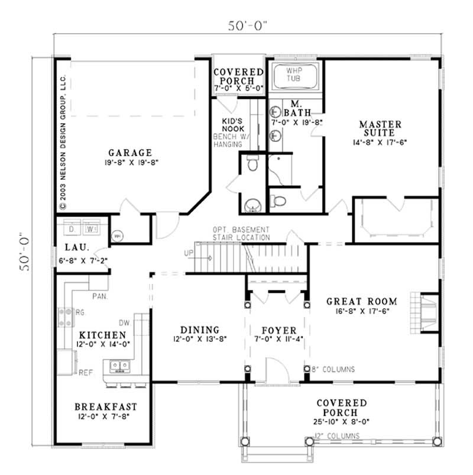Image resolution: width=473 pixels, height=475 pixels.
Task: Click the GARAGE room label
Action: click(129, 152)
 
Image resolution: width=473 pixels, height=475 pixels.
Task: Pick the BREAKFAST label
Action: click(106, 407)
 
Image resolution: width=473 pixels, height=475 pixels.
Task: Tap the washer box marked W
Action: click(90, 228)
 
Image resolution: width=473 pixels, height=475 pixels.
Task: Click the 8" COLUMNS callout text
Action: click(333, 369)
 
